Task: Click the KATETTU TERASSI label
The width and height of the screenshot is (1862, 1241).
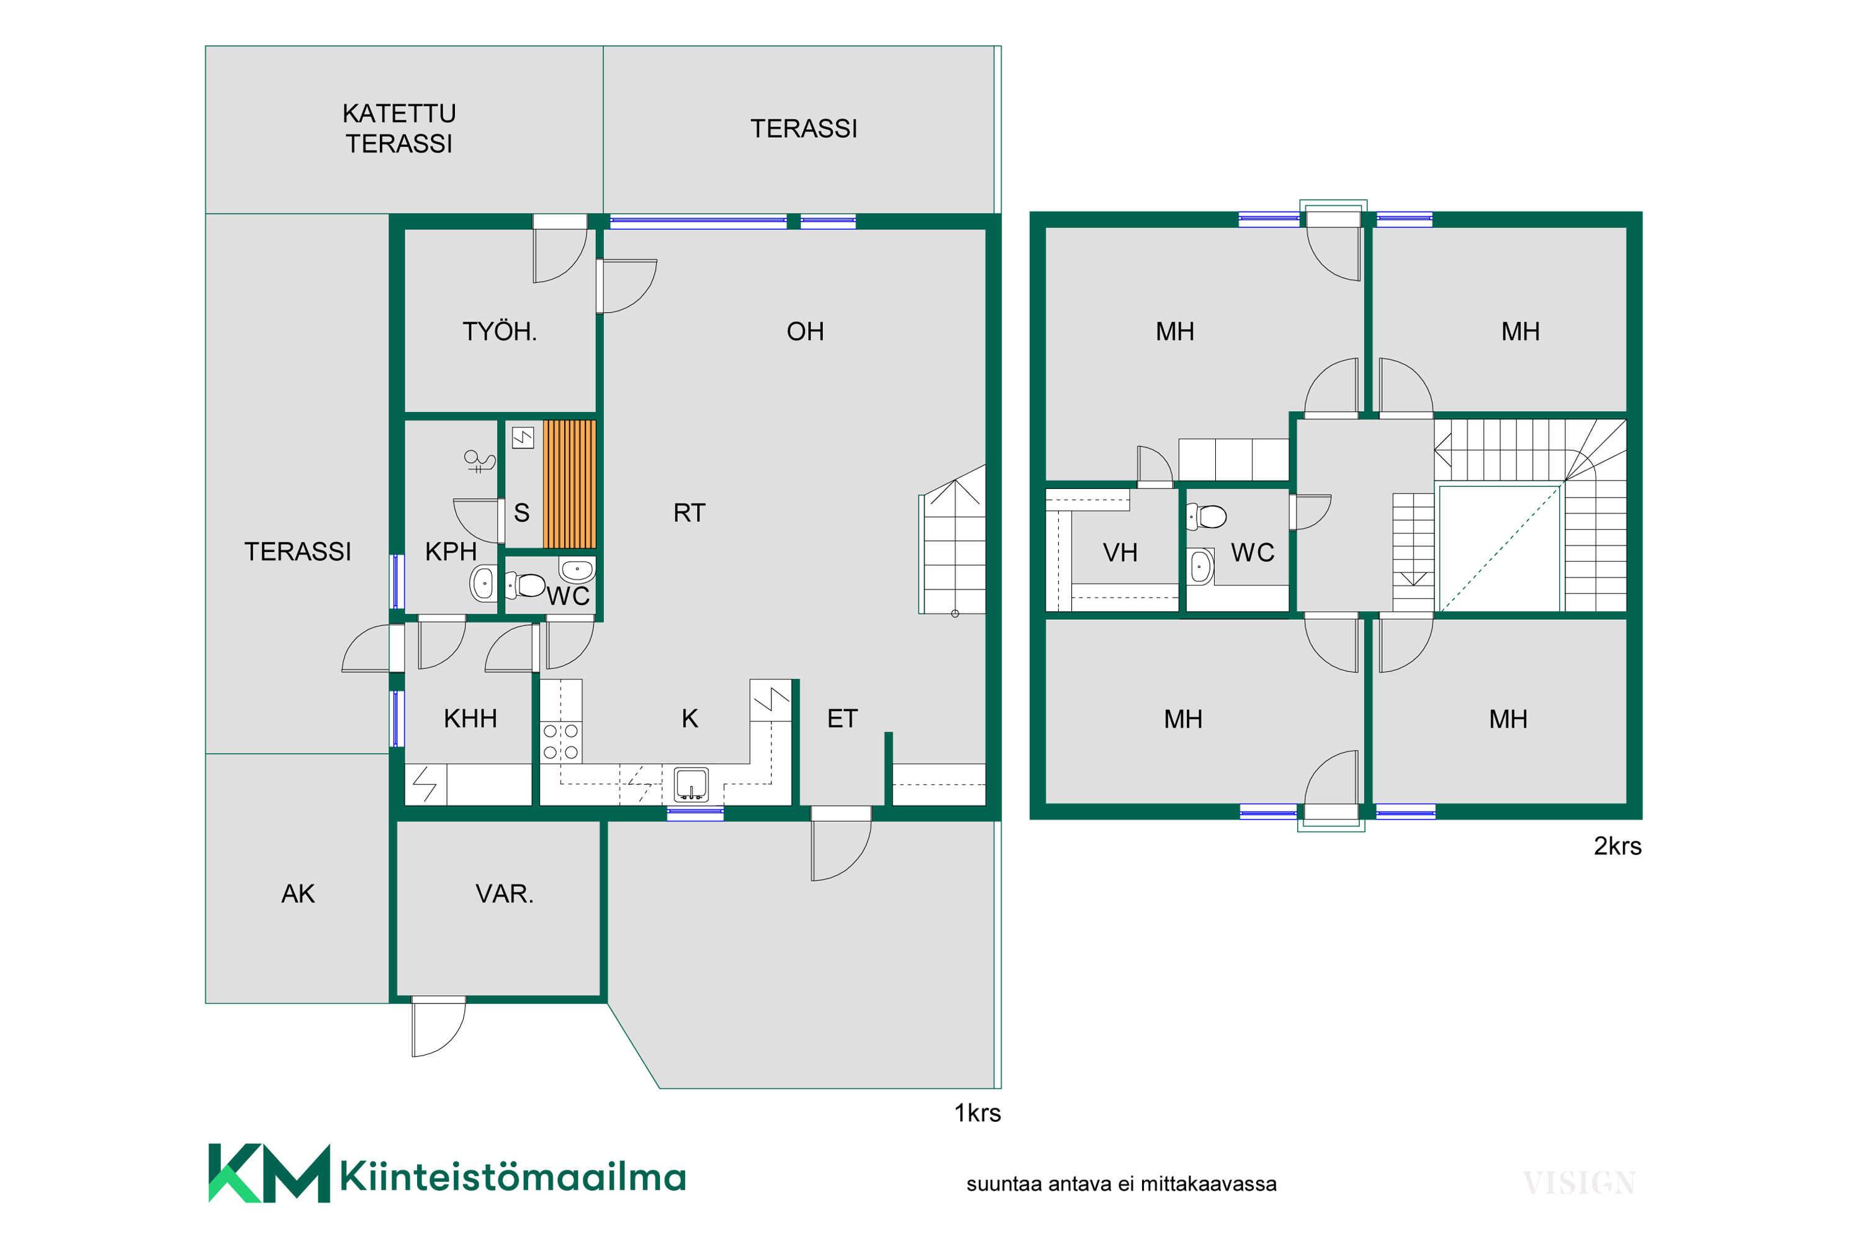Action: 399,128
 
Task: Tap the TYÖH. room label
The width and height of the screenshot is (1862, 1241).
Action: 500,331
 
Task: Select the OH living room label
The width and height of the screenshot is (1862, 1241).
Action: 805,331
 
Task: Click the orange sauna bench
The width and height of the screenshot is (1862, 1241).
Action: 569,483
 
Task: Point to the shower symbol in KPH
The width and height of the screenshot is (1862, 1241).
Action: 479,460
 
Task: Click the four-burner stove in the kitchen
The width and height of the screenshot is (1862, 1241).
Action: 560,741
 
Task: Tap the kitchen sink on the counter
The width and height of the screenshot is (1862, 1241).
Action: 691,784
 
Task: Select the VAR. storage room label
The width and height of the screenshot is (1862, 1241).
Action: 504,894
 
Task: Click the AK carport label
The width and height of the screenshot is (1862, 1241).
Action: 298,894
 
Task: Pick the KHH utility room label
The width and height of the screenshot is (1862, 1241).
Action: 470,718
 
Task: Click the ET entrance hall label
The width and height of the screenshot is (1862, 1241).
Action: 842,718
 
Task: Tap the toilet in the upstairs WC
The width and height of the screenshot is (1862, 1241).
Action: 1207,517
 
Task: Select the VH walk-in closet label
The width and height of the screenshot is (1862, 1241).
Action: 1120,552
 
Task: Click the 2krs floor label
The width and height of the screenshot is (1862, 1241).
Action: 1617,846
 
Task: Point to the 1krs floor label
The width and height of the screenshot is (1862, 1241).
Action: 977,1113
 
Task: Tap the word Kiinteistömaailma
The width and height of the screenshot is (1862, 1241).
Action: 513,1176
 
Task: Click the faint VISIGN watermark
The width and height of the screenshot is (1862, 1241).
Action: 1580,1183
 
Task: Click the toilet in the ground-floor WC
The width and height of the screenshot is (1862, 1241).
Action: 526,585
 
